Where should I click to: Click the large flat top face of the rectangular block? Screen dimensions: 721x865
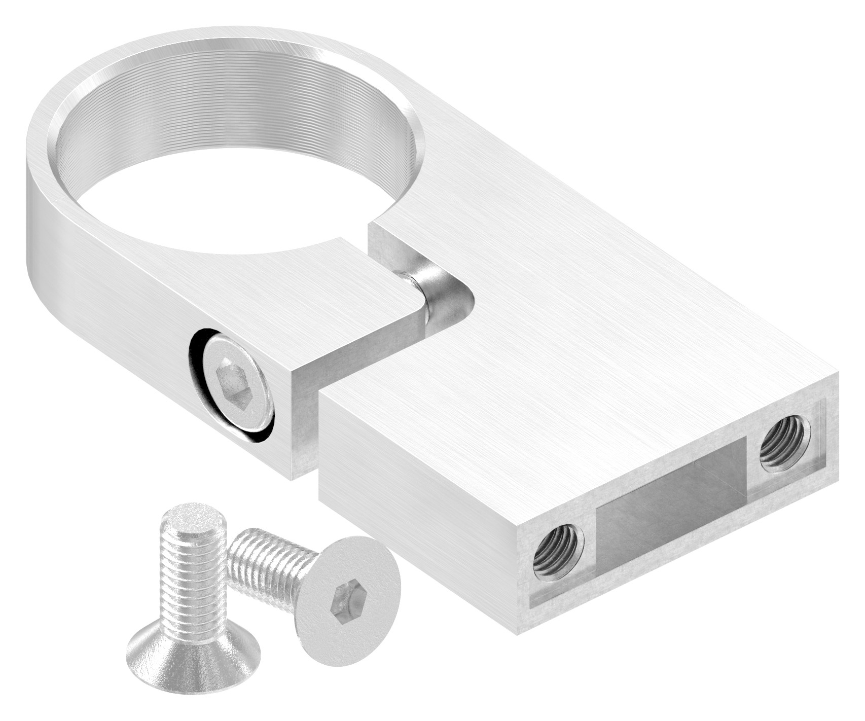(x=583, y=314)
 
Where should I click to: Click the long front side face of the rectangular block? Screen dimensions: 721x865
(x=416, y=487)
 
